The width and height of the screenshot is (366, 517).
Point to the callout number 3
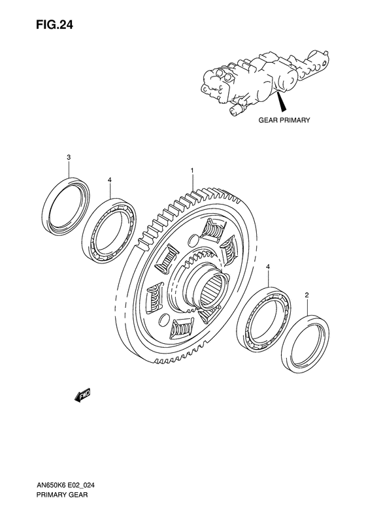(69, 157)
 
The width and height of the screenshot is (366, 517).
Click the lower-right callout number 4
(268, 268)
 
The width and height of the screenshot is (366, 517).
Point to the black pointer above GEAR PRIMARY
(281, 102)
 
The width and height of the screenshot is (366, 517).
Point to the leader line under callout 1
(192, 182)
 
